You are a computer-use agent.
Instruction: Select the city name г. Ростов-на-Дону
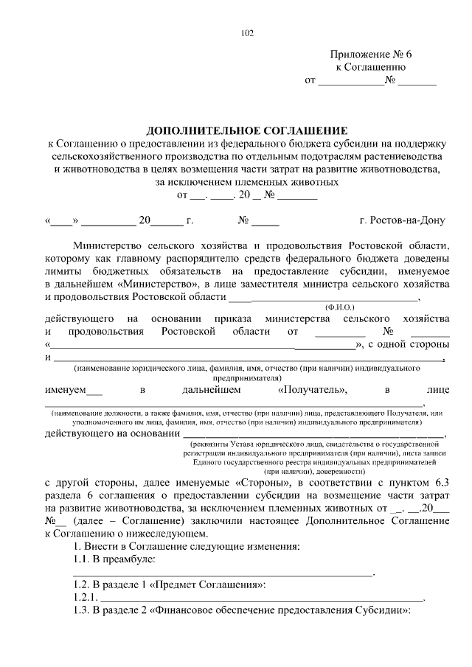[x=403, y=220]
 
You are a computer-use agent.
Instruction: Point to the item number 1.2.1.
[x=85, y=597]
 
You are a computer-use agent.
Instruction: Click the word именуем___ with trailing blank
[x=74, y=389]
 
